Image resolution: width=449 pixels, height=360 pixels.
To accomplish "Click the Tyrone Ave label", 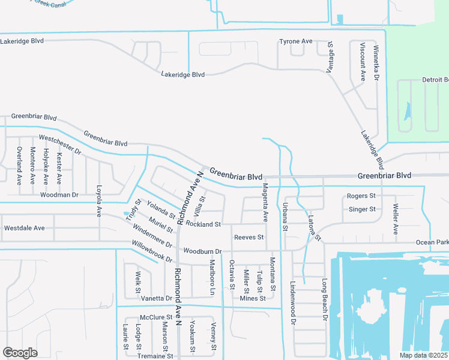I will click(x=296, y=41).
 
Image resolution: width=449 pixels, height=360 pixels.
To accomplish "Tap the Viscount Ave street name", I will click(x=363, y=61).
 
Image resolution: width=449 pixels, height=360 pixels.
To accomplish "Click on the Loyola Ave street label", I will click(x=99, y=200).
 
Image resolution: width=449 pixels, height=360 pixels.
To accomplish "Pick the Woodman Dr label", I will click(x=59, y=195).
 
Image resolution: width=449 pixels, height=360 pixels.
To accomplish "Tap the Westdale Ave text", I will click(x=25, y=228).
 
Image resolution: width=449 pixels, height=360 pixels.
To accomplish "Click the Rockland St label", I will click(x=203, y=224).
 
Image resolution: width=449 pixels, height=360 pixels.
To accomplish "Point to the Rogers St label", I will click(x=361, y=196).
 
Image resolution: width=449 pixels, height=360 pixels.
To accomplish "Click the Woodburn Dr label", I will click(x=203, y=251).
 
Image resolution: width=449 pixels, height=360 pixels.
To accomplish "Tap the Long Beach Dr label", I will click(x=324, y=298).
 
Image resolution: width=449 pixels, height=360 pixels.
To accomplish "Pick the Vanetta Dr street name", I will click(x=157, y=298).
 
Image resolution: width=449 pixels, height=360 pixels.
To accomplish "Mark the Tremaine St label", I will click(x=155, y=356).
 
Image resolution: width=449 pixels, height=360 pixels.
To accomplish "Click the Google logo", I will click(x=20, y=353).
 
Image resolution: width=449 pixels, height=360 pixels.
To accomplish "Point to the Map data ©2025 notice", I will click(x=423, y=355).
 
